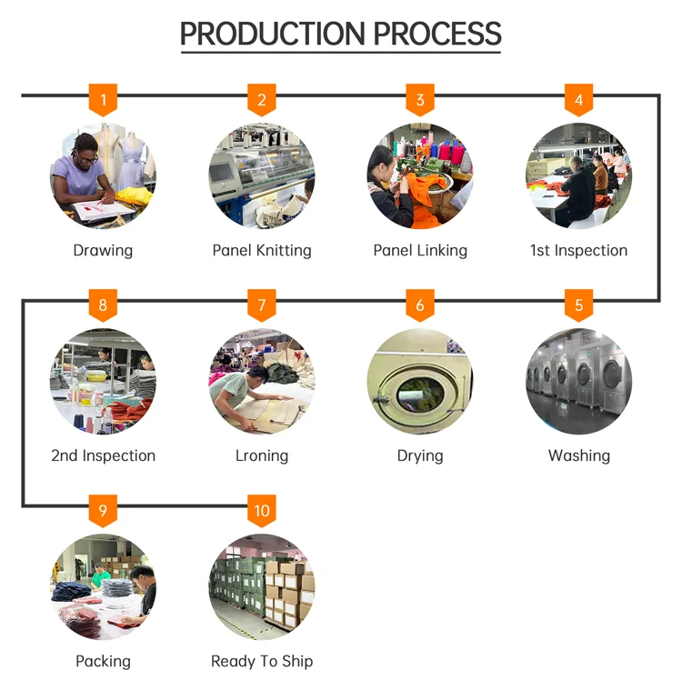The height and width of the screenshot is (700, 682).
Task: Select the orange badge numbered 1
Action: coord(103,99)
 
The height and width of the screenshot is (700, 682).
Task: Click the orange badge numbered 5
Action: coord(579,305)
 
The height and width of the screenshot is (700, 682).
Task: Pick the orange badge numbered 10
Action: coord(262,510)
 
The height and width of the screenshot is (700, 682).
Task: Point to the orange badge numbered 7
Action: coord(262,305)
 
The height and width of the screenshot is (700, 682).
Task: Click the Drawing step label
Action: coord(103,250)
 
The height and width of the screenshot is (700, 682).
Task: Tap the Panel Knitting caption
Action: coord(262,250)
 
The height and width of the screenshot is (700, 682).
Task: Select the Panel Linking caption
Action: coord(420,250)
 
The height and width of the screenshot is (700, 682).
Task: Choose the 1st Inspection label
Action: coord(579,250)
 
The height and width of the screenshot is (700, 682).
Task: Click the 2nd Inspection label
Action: coord(103,455)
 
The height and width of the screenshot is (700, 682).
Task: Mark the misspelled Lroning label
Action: coord(262,455)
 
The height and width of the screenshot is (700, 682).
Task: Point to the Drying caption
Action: coord(420,455)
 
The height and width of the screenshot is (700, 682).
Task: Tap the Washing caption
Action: coord(579,455)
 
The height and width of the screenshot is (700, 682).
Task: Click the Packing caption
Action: coord(103,661)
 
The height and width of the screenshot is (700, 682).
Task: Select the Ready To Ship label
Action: coord(262,661)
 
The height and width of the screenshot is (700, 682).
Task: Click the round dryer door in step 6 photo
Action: coord(420,391)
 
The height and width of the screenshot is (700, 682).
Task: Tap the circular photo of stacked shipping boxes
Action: coord(262,586)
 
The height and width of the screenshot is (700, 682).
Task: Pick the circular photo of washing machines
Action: coord(579,381)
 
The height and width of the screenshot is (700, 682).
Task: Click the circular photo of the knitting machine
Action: coord(262,175)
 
